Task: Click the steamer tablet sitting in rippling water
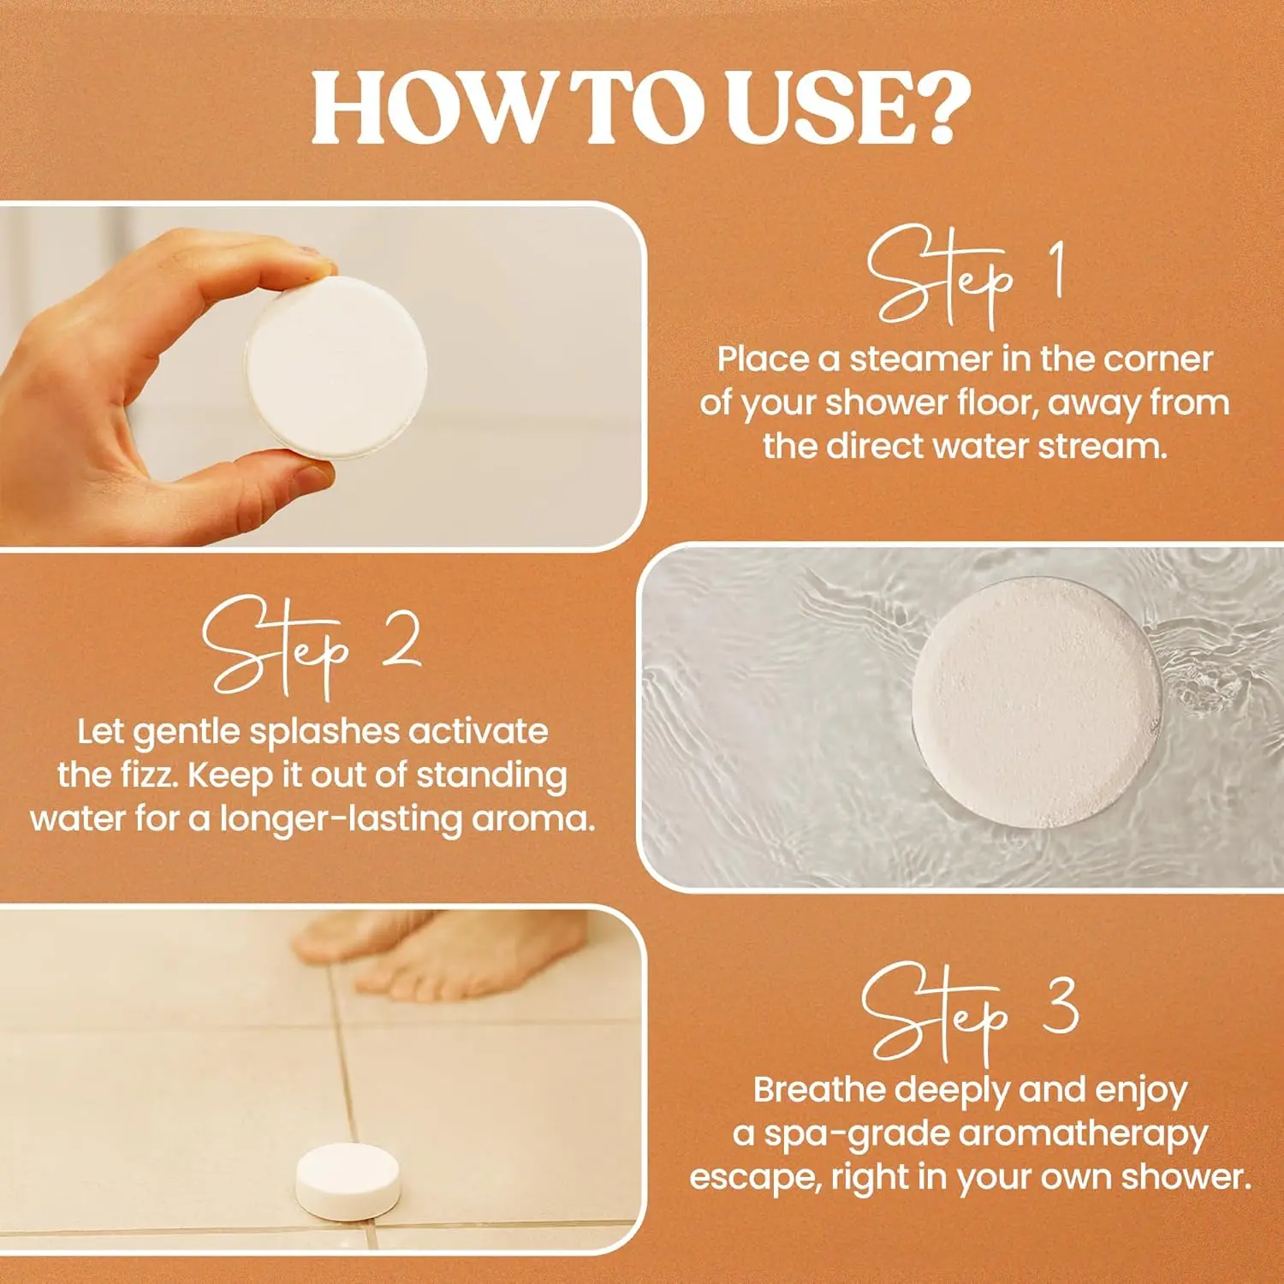tap(1036, 704)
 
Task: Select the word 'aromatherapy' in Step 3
tap(1083, 1134)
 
